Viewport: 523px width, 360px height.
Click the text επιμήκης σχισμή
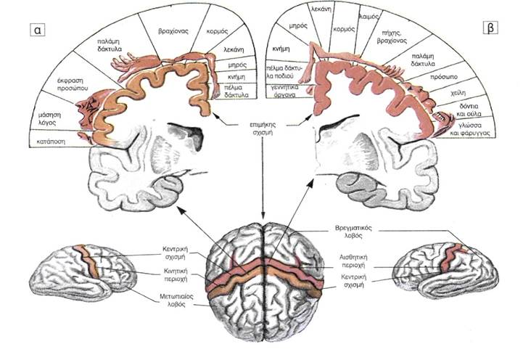tap(263, 129)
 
